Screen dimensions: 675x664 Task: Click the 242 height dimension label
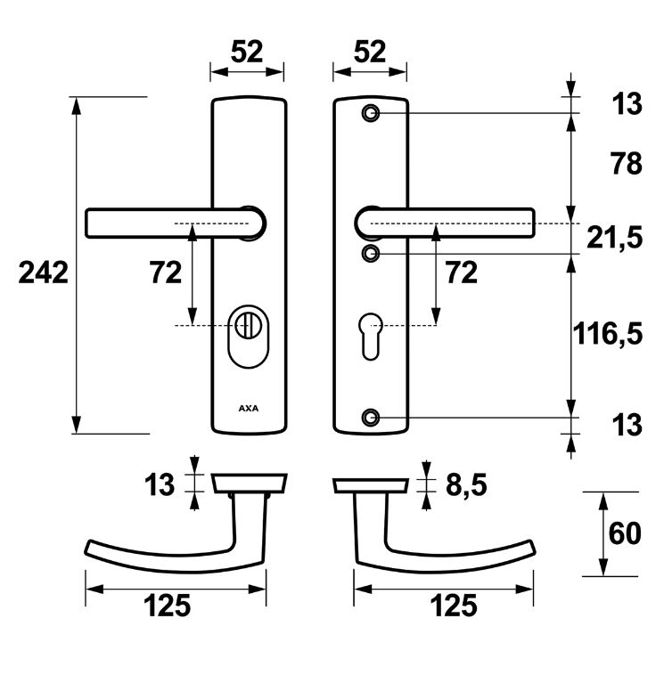[43, 273]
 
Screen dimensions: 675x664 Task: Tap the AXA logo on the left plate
[248, 409]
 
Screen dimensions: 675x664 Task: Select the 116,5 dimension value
[606, 334]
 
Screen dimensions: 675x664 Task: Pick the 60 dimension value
[625, 533]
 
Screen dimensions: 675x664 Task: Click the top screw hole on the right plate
[371, 113]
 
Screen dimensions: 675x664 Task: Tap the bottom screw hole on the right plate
[371, 417]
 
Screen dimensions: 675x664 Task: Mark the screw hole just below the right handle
[371, 255]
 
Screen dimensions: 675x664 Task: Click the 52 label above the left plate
[247, 52]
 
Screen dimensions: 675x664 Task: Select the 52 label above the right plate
[369, 52]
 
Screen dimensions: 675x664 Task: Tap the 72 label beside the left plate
[166, 273]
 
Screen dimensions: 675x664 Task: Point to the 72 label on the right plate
[461, 273]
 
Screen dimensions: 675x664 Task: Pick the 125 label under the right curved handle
[454, 607]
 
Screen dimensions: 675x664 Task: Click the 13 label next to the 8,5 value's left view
[160, 485]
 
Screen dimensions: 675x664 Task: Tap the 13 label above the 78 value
[627, 104]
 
